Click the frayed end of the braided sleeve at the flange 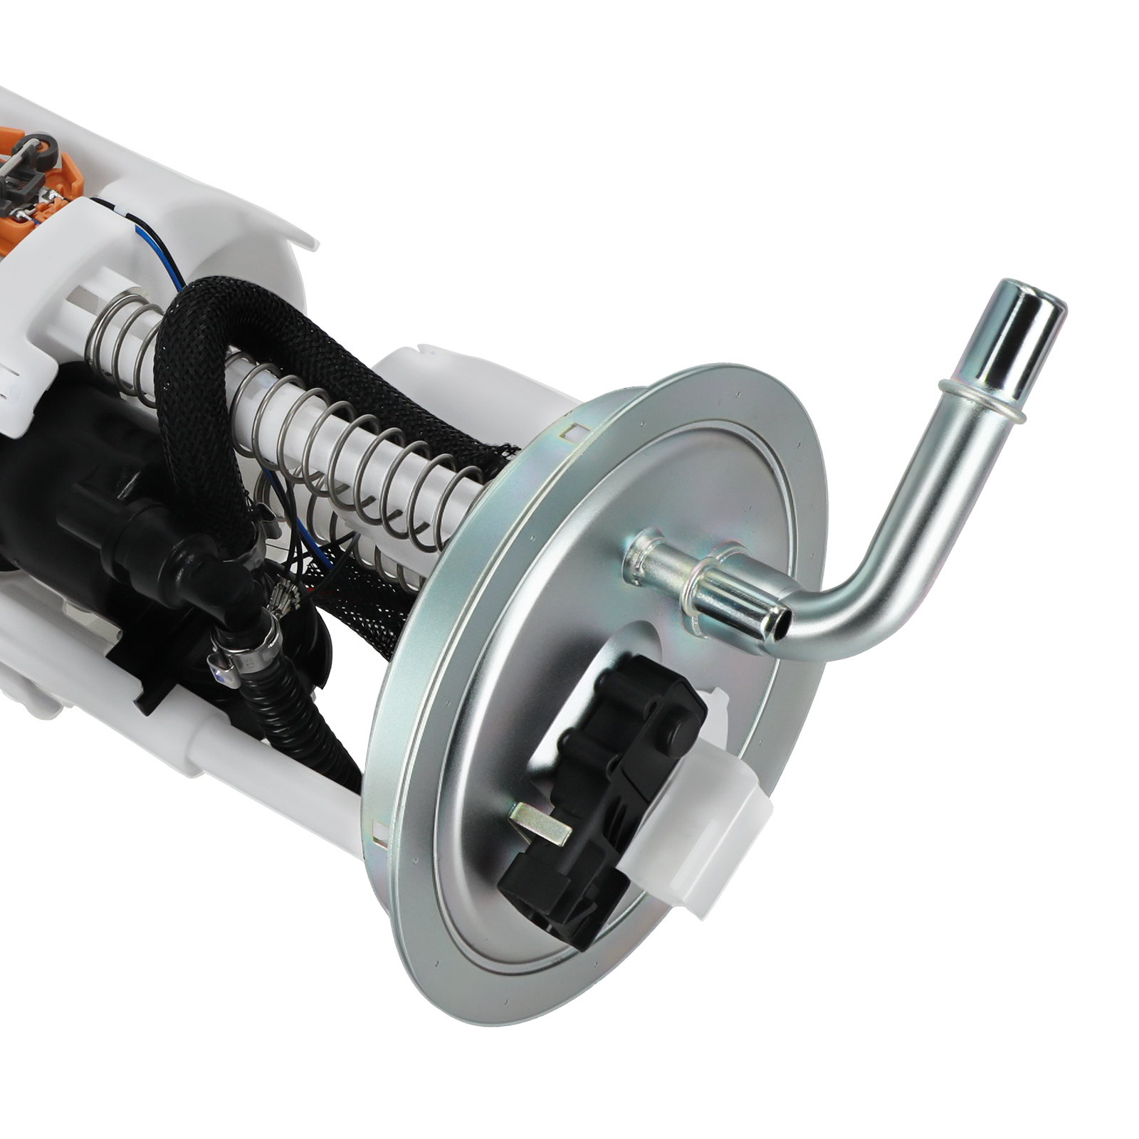pyautogui.click(x=498, y=456)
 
